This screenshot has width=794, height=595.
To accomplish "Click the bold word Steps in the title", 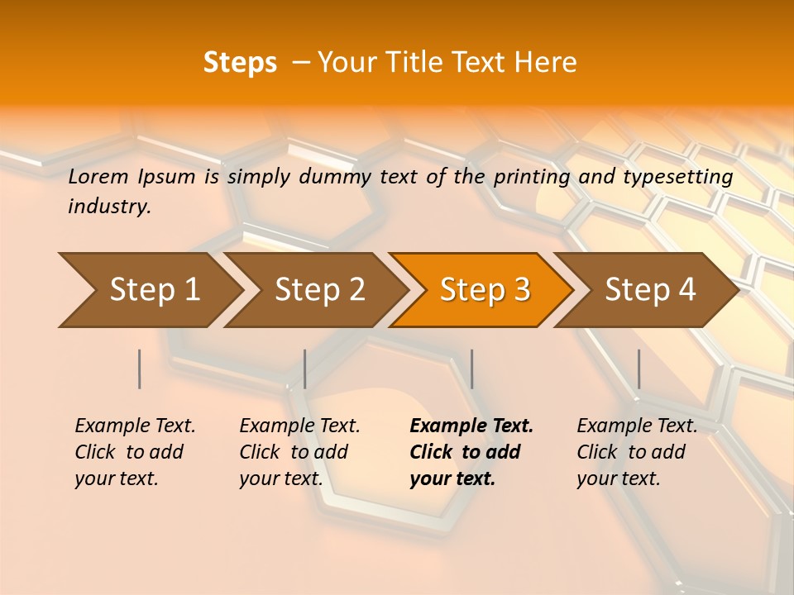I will pos(240,63).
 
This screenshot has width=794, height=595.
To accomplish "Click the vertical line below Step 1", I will pos(140,369).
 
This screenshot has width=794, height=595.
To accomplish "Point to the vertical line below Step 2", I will pos(305,369).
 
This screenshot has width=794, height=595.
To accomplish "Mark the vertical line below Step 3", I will pos(471,369).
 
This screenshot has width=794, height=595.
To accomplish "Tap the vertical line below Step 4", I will pos(639,369).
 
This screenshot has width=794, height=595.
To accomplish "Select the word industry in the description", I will pos(109,207).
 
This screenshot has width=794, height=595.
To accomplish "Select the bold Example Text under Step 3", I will pos(471,426).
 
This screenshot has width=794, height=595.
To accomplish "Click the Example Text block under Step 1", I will pos(135,452).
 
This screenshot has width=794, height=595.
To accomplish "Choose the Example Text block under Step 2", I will pos(299,452).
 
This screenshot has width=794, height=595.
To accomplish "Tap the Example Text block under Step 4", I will pos(637,452).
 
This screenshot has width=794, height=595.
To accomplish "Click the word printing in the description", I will pos(532,176).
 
